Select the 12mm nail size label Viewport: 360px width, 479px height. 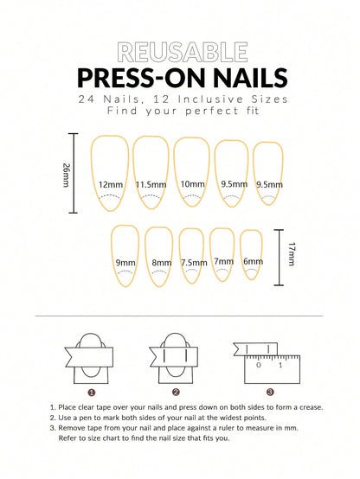click(x=110, y=184)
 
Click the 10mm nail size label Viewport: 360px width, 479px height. click(x=192, y=184)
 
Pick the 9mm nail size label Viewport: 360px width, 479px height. click(x=125, y=263)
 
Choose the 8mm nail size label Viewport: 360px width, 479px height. click(x=161, y=263)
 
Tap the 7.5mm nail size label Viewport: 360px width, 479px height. click(x=193, y=263)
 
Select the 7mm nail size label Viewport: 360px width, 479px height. click(x=223, y=261)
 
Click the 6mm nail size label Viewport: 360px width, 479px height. click(x=252, y=261)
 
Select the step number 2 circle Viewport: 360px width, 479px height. click(x=177, y=390)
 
